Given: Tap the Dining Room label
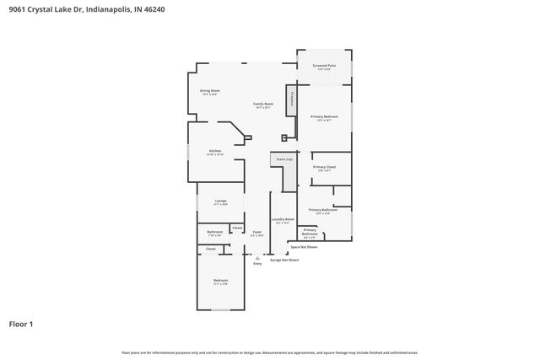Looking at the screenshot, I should point(209,91).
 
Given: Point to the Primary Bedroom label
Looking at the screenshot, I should point(325,117).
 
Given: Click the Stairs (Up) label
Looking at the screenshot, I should point(283,159).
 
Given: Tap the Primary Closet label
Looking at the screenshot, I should point(325,168).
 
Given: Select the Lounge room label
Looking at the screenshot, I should point(220,201).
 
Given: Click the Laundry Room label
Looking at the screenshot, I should point(283,220).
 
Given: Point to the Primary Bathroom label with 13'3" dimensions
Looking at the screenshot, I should point(323,211).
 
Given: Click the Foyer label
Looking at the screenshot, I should point(256,233).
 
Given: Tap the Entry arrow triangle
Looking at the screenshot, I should point(257,258).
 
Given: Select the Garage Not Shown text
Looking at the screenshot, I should point(284,260).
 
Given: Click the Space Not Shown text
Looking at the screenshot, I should point(305,247).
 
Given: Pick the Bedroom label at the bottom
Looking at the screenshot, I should point(220,281).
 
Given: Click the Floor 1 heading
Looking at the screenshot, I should point(21,323).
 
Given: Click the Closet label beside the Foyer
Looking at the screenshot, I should point(237,228).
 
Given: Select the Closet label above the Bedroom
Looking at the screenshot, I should point(211,249).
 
